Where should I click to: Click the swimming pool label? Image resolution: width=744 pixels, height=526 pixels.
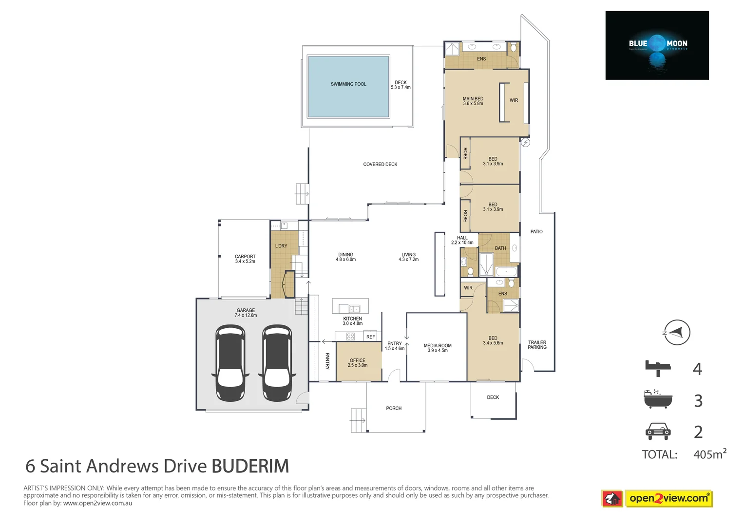(x=348, y=84)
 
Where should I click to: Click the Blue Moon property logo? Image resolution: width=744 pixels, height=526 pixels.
(x=657, y=45)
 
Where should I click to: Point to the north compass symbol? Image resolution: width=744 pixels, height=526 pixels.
(x=677, y=333)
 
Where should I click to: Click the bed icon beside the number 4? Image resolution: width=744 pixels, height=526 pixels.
(x=658, y=368)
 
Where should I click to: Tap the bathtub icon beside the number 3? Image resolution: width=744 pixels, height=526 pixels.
(x=658, y=399)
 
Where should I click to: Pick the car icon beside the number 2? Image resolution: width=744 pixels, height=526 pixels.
(x=658, y=431)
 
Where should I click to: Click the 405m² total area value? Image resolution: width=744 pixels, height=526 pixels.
(x=709, y=454)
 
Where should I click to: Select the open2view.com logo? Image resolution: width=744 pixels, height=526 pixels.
(x=668, y=498)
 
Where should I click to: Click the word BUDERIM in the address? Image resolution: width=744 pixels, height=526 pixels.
(x=250, y=466)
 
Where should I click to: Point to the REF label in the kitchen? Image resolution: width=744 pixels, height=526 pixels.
(x=371, y=337)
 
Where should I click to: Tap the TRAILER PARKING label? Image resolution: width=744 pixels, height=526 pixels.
(x=537, y=345)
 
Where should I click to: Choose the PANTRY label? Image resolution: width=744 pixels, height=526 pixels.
(x=327, y=361)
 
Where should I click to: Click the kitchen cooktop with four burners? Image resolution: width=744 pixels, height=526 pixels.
(x=350, y=336)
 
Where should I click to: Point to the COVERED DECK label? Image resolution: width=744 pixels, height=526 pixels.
(x=380, y=165)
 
